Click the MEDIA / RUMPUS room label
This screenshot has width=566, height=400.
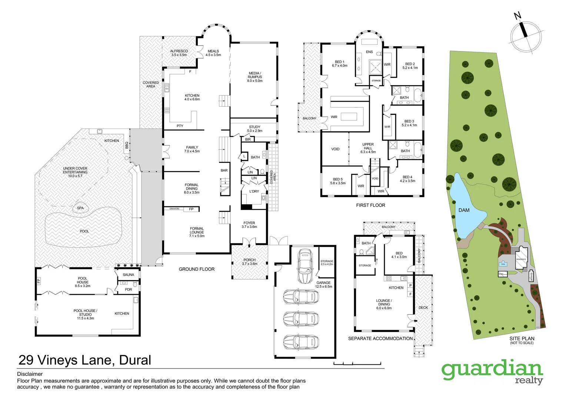click(x=254, y=77)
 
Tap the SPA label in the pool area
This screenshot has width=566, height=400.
click(x=80, y=208)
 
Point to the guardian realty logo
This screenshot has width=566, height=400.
click(x=492, y=371)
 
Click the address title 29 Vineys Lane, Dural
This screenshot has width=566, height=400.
click(x=85, y=360)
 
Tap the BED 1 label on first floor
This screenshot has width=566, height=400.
click(x=339, y=64)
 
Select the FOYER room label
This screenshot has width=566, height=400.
click(x=249, y=225)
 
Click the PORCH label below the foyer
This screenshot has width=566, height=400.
click(x=249, y=261)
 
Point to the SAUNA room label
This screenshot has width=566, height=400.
click(x=129, y=275)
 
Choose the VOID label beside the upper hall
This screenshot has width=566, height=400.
click(x=335, y=149)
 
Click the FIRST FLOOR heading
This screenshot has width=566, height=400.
click(x=370, y=205)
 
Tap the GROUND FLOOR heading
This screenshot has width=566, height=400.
click(x=197, y=269)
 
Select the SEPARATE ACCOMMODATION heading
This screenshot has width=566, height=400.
click(x=380, y=339)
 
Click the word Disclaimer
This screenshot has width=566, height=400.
click(x=30, y=374)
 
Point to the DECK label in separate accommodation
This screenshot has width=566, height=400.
click(x=423, y=308)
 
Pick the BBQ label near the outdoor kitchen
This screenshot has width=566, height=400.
click(x=127, y=145)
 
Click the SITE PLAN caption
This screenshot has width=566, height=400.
click(x=522, y=339)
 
